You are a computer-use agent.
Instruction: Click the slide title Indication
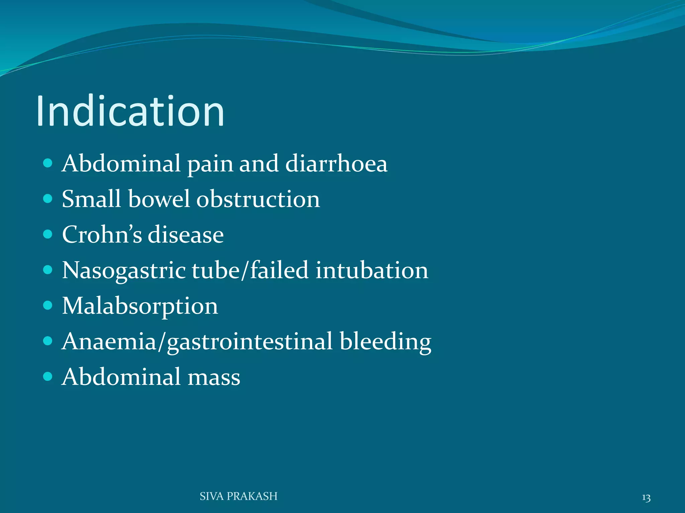[x=130, y=111]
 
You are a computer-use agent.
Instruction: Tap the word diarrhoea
[x=336, y=164]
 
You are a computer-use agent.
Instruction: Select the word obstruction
[x=258, y=199]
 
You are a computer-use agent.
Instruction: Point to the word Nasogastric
[x=124, y=270]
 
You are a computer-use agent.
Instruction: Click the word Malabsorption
[x=140, y=306]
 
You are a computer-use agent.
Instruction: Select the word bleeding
[x=385, y=342]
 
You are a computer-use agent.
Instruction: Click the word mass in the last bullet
[x=214, y=377]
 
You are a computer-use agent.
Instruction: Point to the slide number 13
[x=646, y=498]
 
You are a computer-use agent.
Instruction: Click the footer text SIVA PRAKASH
[x=238, y=496]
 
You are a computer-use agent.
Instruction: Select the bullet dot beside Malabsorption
[x=48, y=305]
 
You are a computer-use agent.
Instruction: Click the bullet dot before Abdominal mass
[x=48, y=377]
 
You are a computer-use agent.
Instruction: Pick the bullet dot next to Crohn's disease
[x=48, y=234]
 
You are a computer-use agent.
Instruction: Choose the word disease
[x=186, y=234]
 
